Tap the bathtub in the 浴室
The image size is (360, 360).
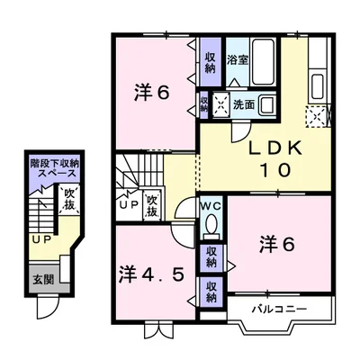[264, 61]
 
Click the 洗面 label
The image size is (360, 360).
[244, 103]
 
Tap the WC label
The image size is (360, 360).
[209, 205]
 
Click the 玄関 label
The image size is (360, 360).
[42, 280]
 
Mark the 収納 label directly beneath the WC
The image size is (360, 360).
[210, 255]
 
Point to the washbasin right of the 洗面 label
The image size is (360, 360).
[270, 103]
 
